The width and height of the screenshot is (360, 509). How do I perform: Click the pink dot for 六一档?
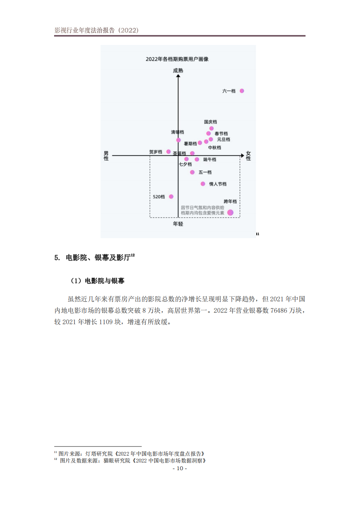click(242, 91)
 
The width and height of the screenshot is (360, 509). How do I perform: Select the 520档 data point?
click(171, 197)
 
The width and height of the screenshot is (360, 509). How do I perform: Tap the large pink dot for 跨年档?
click(230, 213)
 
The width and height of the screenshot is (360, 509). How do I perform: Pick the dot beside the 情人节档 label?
click(203, 184)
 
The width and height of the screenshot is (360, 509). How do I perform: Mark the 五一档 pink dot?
click(192, 172)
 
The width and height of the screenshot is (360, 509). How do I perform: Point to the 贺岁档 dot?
click(168, 152)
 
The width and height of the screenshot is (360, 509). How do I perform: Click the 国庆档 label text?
click(210, 122)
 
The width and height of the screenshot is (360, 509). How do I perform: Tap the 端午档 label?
click(210, 160)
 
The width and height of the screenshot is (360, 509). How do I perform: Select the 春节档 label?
click(221, 134)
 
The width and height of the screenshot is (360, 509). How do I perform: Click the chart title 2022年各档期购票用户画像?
click(177, 59)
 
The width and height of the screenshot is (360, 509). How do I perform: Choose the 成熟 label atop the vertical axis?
click(178, 70)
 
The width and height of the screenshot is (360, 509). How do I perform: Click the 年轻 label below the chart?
click(178, 224)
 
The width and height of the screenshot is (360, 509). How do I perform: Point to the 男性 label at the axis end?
click(106, 156)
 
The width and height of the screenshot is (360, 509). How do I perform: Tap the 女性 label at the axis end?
click(248, 156)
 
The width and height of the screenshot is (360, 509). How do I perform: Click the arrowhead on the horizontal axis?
click(242, 155)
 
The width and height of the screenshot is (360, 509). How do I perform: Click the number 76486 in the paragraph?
click(278, 311)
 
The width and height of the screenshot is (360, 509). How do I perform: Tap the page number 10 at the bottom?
click(180, 468)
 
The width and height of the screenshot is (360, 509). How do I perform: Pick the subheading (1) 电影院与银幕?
click(98, 281)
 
